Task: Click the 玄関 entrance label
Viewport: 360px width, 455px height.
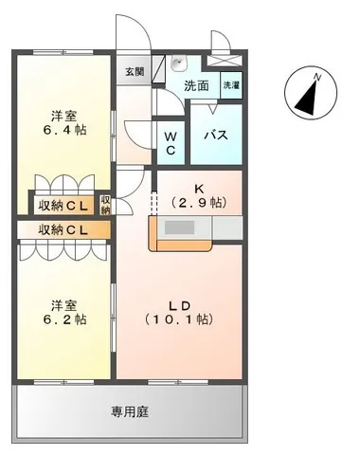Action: click(135, 72)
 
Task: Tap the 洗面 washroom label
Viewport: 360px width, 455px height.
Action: click(196, 85)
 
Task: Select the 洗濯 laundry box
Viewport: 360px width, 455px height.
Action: click(231, 85)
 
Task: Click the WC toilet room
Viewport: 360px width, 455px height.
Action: click(171, 143)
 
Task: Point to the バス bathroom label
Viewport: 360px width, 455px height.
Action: click(216, 136)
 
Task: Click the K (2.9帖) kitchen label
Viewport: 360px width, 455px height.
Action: click(199, 196)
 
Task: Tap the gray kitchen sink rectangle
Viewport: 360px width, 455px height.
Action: click(179, 227)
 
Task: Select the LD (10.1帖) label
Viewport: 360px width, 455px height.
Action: click(179, 313)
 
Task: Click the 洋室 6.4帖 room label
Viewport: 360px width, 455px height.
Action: click(64, 123)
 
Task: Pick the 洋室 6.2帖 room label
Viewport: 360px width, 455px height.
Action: click(64, 313)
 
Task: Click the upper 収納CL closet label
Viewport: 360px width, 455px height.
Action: click(63, 206)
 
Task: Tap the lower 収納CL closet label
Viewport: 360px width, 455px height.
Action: click(63, 229)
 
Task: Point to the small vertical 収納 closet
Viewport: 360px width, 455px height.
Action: click(105, 205)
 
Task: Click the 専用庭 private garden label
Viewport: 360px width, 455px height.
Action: click(130, 412)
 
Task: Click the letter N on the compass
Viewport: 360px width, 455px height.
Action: click(317, 77)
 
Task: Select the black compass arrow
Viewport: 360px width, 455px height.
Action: click(306, 99)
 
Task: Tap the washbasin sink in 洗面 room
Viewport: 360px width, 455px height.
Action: click(179, 64)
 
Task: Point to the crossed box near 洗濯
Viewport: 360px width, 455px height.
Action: click(225, 61)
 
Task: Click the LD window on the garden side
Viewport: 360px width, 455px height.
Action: click(178, 382)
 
